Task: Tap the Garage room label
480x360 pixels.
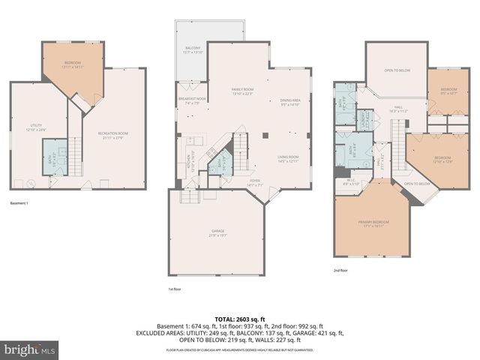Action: click(x=217, y=233)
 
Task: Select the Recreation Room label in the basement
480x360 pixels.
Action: click(x=113, y=136)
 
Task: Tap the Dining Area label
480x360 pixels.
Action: click(x=290, y=103)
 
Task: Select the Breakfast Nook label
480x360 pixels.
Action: click(x=192, y=100)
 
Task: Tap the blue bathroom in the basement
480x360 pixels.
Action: click(x=52, y=160)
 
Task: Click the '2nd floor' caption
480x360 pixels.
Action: click(x=341, y=271)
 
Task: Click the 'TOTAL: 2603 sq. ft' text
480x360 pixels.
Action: click(x=240, y=317)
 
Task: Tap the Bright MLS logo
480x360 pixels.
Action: click(x=30, y=349)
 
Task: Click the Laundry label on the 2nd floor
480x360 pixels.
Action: click(x=361, y=119)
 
